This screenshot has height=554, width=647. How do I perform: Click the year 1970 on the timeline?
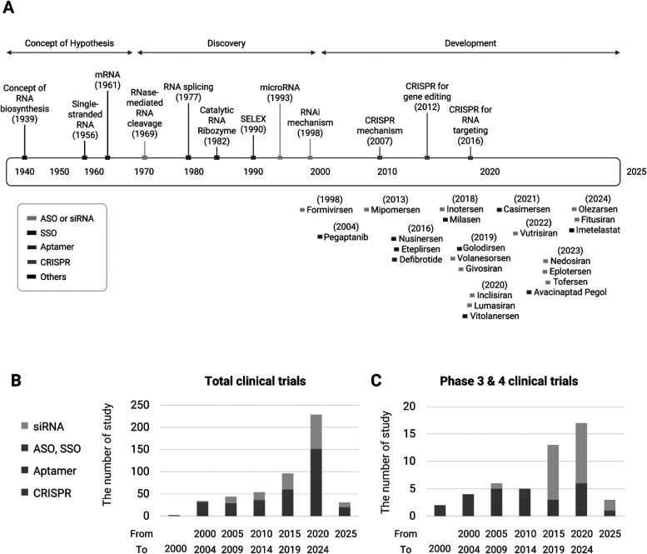[144, 171]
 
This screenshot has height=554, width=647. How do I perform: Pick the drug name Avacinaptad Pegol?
[571, 292]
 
